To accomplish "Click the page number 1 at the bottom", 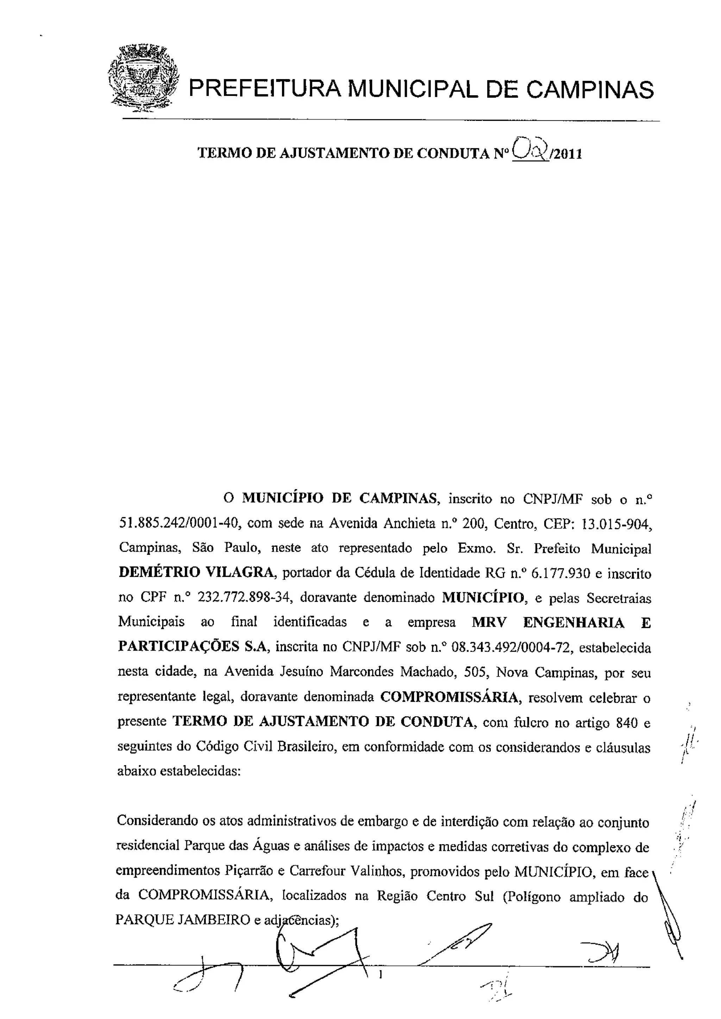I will pos(380,975).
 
